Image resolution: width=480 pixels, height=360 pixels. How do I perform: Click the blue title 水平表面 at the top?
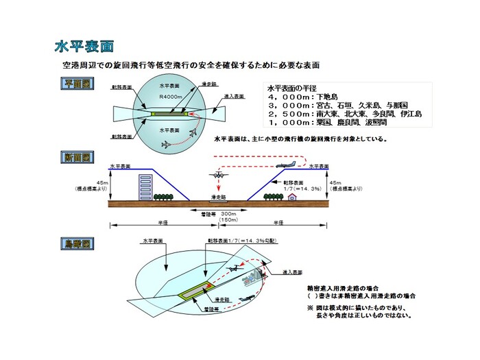point(84,47)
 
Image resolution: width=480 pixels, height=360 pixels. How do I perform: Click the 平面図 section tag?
point(77,84)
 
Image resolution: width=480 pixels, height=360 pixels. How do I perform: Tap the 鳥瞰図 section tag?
point(77,243)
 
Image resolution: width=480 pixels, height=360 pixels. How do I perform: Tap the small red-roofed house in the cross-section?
point(293,197)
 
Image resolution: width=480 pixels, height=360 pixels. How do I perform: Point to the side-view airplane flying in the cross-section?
point(288,165)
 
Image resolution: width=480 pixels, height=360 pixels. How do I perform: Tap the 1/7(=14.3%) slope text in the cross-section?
point(307,189)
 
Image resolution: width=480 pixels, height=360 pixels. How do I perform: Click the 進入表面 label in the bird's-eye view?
point(293,272)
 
